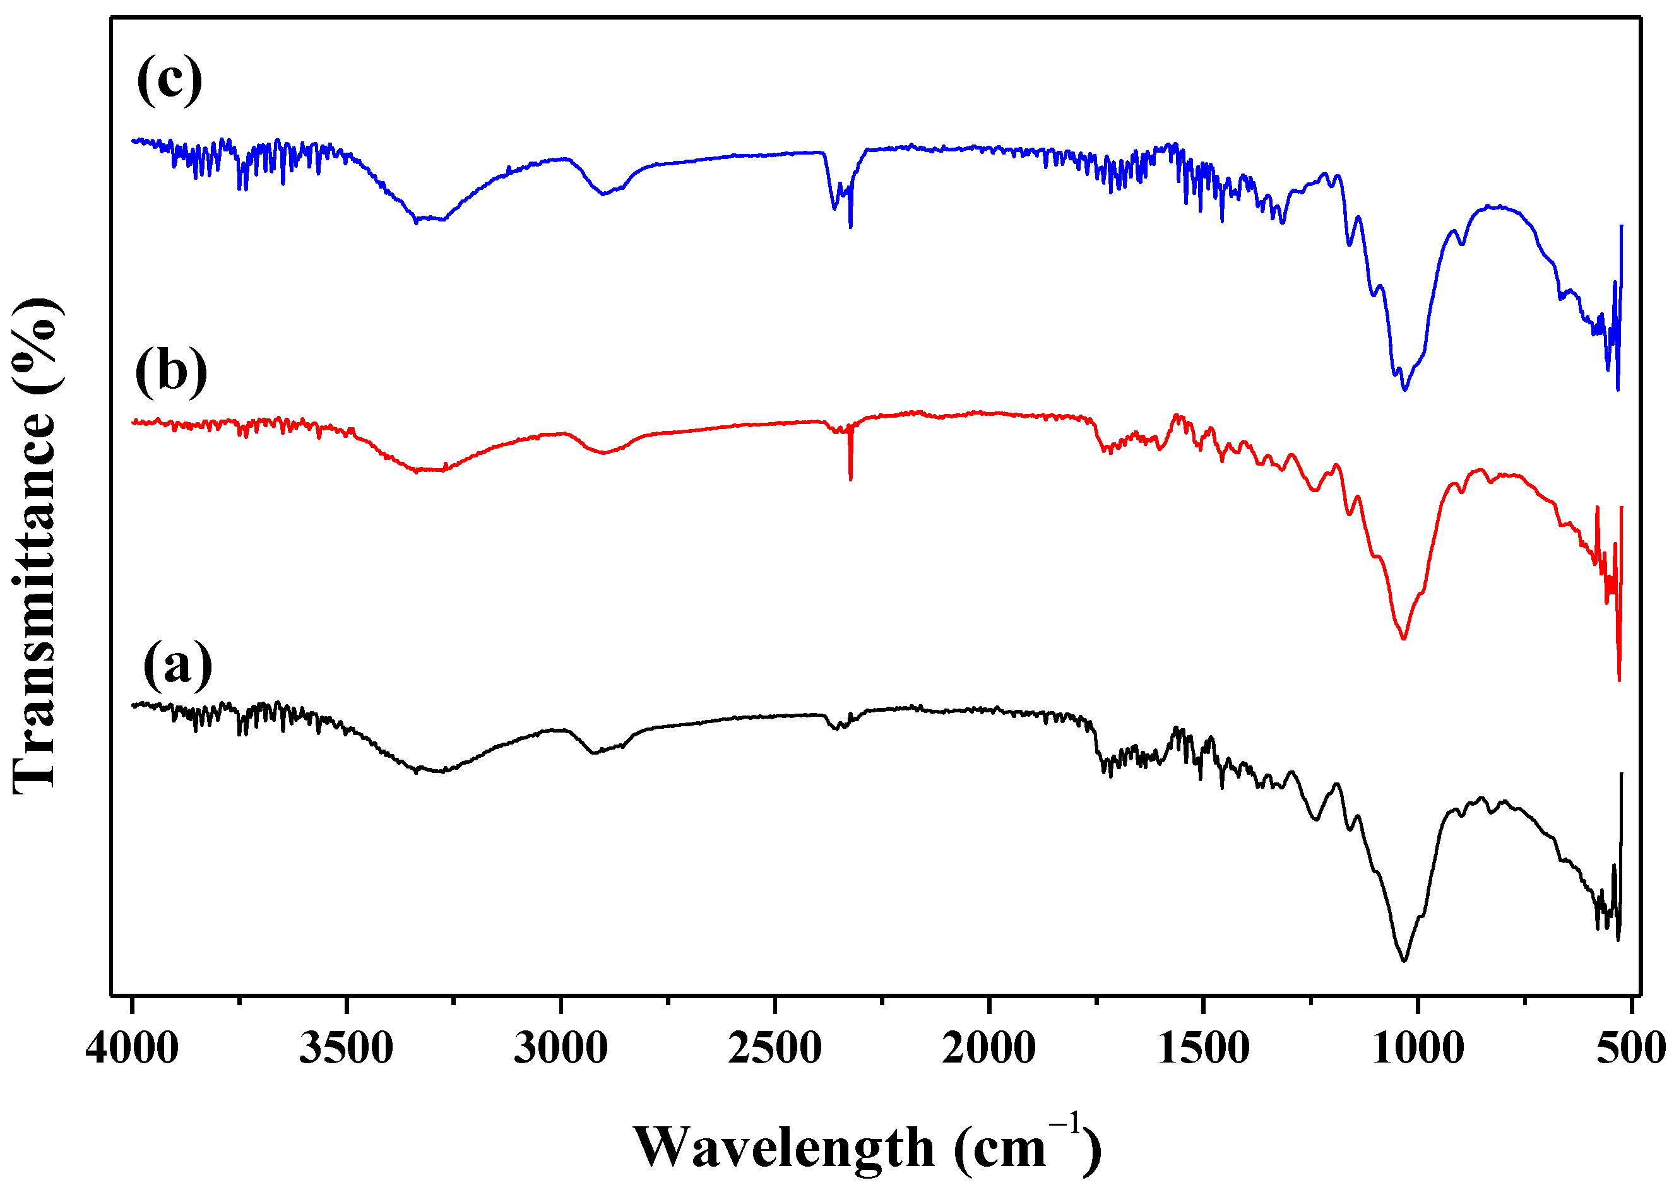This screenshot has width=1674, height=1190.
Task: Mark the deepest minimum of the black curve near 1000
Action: point(1404,960)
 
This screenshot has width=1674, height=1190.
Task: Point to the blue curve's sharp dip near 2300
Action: point(850,227)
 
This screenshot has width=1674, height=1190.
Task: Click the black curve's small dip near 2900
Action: point(594,753)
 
